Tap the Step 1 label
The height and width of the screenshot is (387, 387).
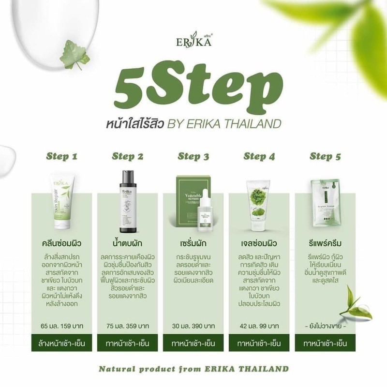[x=61, y=156]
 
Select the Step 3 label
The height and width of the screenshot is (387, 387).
[x=193, y=156]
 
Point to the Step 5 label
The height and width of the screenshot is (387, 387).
[x=325, y=156]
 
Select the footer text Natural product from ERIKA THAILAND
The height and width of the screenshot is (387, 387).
[x=193, y=369]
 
